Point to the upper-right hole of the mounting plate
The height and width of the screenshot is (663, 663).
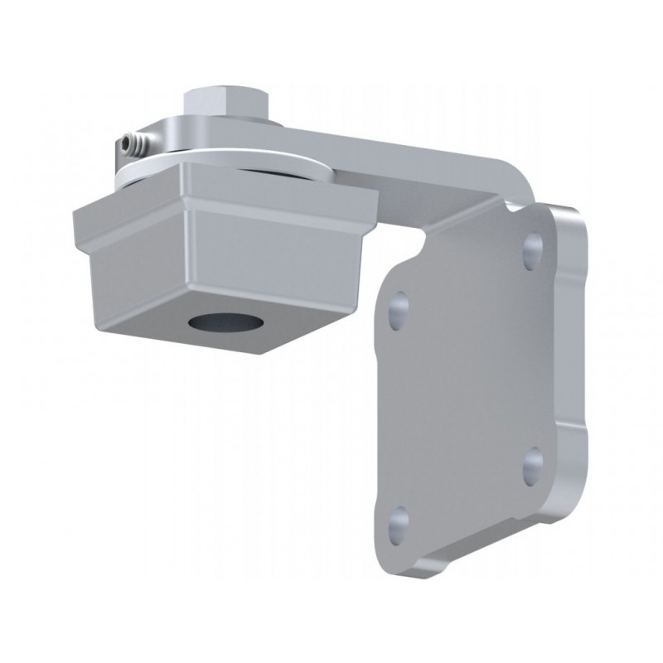(x=533, y=245)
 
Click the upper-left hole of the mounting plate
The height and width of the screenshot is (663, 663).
(x=400, y=307)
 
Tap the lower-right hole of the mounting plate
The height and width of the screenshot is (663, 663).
(x=533, y=462)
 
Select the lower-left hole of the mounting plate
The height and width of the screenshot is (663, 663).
(x=399, y=520)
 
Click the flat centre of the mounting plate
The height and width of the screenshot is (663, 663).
(x=468, y=381)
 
